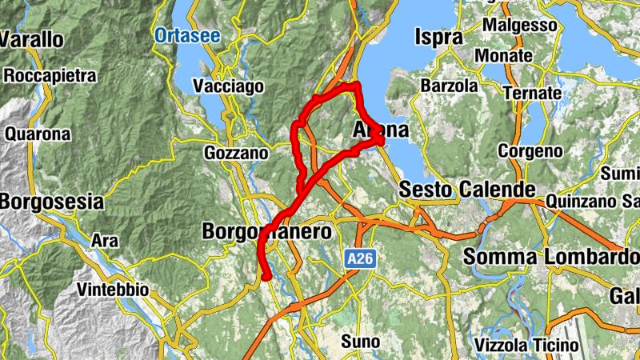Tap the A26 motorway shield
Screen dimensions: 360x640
(362, 258)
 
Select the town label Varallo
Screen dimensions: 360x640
(31, 38)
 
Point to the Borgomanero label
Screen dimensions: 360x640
(267, 232)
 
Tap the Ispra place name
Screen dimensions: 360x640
(439, 37)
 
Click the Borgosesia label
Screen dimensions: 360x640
(51, 201)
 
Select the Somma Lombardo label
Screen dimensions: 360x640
(550, 258)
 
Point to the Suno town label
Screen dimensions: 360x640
(360, 342)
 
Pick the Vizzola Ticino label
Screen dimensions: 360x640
(526, 345)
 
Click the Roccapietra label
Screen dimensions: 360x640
(50, 77)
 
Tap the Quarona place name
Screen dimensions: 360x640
(38, 134)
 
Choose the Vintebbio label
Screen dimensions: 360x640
(113, 290)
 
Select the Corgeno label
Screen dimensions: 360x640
(530, 150)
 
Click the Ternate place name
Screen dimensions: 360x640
(532, 93)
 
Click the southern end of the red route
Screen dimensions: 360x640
(266, 277)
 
